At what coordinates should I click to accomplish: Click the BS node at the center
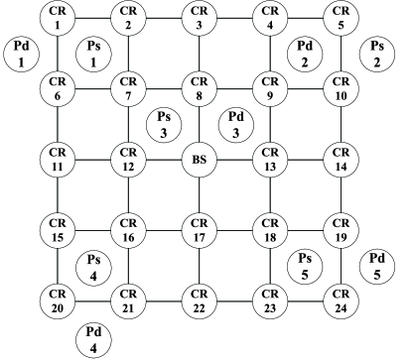(200, 160)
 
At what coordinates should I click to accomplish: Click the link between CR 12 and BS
(164, 160)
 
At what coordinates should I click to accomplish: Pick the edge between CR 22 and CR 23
(234, 300)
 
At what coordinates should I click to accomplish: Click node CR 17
(200, 230)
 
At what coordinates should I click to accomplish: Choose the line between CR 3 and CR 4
(234, 17)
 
